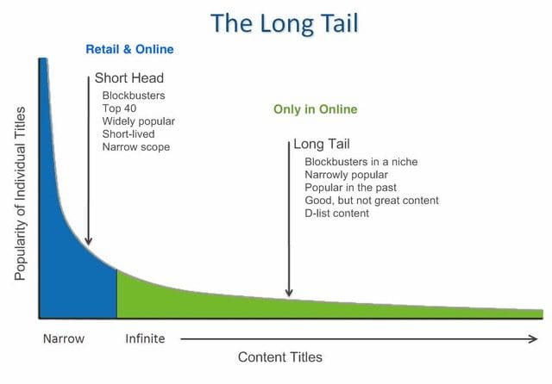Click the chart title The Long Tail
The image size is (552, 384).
coord(285,23)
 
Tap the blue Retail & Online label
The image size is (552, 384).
coord(129,50)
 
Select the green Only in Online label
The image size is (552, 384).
coord(316,109)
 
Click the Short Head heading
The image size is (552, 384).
coord(129,78)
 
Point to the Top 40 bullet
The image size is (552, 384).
coord(119,108)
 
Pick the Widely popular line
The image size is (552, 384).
coord(138,121)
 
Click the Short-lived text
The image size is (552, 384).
coord(129,133)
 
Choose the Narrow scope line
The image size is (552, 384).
coord(136,147)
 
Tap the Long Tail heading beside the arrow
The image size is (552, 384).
coord(322,144)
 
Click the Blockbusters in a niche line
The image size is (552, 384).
coord(361,162)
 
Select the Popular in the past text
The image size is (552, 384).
coord(351,188)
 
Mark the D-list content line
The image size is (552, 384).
coord(337,214)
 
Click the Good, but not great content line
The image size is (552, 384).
coord(372,201)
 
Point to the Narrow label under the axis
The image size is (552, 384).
coord(64,338)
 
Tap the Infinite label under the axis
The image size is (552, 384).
coord(145,338)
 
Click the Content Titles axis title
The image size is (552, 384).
coord(280,357)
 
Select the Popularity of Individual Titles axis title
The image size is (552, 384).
coord(20,194)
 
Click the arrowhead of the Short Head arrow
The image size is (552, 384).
coord(88,241)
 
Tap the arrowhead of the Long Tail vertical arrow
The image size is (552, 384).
coord(289,292)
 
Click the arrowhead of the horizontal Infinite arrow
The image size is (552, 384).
coord(534,339)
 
